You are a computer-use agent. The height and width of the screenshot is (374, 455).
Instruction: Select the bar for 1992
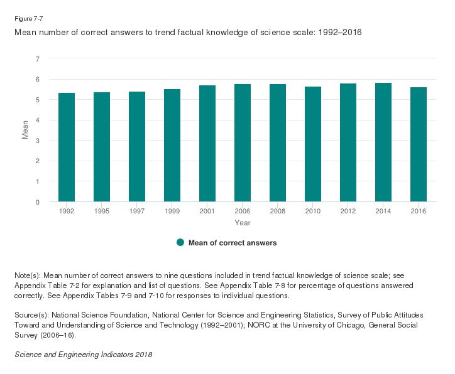pos(67,147)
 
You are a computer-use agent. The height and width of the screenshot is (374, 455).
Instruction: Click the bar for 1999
pos(172,146)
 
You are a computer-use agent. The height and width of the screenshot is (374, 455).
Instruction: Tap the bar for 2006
pos(243,143)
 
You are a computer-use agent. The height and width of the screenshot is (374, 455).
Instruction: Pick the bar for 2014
pos(383,142)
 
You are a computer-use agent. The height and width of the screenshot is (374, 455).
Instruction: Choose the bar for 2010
pos(313,144)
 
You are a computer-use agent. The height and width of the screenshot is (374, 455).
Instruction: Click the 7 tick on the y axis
pos(38,59)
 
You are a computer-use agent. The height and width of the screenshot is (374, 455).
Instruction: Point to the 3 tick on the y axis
pos(38,141)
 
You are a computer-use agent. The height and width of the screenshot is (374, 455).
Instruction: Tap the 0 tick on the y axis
pos(38,202)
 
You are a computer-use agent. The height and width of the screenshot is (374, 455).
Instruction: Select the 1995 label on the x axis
pos(102,211)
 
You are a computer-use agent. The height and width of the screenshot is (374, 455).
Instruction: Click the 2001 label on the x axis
pos(207,211)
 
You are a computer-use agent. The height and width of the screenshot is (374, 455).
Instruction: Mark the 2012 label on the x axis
pos(348,211)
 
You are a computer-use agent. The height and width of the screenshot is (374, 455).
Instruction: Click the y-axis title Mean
pos(26,130)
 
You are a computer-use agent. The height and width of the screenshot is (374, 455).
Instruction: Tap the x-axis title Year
pos(243,223)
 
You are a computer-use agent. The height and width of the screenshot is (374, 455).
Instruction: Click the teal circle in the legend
pos(180,243)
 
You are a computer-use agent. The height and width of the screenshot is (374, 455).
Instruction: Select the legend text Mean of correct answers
pos(233,243)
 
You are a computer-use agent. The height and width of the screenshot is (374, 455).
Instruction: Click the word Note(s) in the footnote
pos(27,275)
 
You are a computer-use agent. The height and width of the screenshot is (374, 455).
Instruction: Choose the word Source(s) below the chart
pos(30,313)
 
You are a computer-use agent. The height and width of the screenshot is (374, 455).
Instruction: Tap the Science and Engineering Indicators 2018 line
pos(83,355)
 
